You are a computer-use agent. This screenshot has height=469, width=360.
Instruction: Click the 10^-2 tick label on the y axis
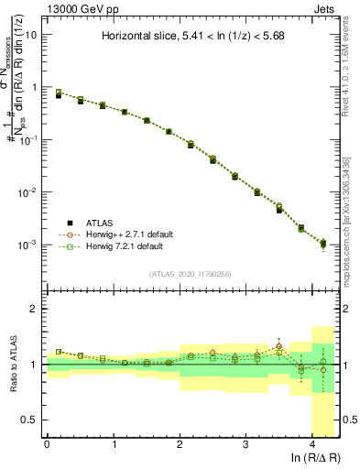click(x=28, y=193)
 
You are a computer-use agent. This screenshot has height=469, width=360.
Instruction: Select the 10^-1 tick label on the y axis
click(x=28, y=140)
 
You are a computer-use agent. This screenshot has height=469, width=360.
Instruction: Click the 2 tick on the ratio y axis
click(x=34, y=310)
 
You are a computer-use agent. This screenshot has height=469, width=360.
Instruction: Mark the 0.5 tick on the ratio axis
click(x=30, y=420)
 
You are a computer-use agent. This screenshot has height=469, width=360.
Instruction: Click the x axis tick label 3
click(x=245, y=445)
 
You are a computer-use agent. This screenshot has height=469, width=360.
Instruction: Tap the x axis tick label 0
click(x=47, y=445)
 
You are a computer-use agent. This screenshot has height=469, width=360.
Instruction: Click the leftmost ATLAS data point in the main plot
click(x=59, y=94)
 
